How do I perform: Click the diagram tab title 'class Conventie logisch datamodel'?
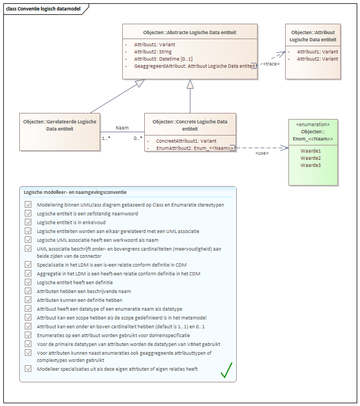pyautogui.click(x=41, y=9)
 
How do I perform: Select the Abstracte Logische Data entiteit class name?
pyautogui.click(x=189, y=33)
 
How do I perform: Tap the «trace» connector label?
pyautogui.click(x=271, y=63)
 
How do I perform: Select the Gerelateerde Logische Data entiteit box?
pyautogui.click(x=59, y=132)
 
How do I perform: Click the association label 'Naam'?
pyautogui.click(x=122, y=127)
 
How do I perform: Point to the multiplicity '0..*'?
pyautogui.click(x=137, y=138)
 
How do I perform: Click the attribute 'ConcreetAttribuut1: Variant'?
pyautogui.click(x=182, y=140)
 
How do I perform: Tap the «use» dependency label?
pyautogui.click(x=262, y=153)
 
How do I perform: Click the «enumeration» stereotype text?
pyautogui.click(x=313, y=124)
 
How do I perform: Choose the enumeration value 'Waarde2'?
pyautogui.click(x=311, y=158)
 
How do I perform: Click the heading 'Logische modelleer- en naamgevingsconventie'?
pyautogui.click(x=75, y=192)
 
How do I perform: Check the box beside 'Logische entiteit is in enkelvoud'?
pyautogui.click(x=28, y=222)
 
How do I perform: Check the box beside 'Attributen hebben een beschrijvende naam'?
pyautogui.click(x=28, y=291)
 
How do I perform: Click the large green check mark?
pyautogui.click(x=226, y=370)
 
